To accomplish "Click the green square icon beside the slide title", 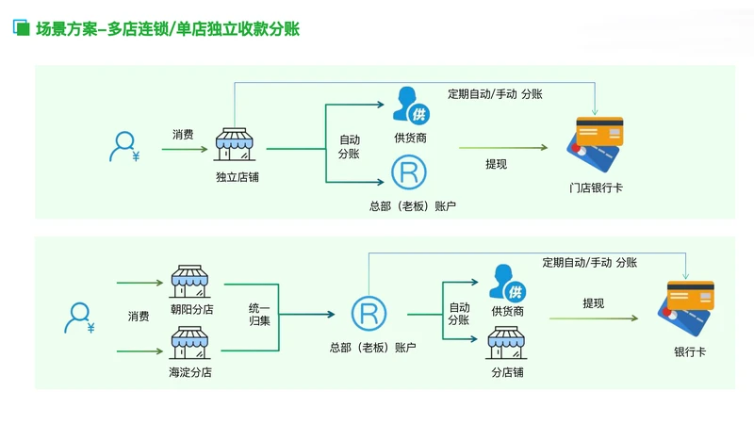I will pyautogui.click(x=19, y=27).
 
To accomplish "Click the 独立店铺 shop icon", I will pyautogui.click(x=236, y=147).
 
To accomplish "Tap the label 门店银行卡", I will pyautogui.click(x=596, y=188).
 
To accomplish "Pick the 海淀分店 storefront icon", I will pyautogui.click(x=189, y=342).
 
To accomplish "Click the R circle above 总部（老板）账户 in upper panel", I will pyautogui.click(x=409, y=171).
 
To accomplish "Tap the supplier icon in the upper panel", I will pyautogui.click(x=409, y=105).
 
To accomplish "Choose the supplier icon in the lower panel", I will pyautogui.click(x=506, y=282).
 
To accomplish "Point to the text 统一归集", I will pyautogui.click(x=259, y=315).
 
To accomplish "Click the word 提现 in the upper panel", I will pyautogui.click(x=496, y=164).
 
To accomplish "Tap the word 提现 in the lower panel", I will pyautogui.click(x=594, y=303).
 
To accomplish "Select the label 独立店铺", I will pyautogui.click(x=236, y=176).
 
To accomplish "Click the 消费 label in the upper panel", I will pyautogui.click(x=183, y=135).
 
